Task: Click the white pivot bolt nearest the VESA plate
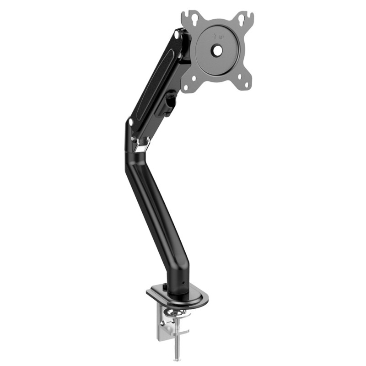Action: (177, 35)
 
